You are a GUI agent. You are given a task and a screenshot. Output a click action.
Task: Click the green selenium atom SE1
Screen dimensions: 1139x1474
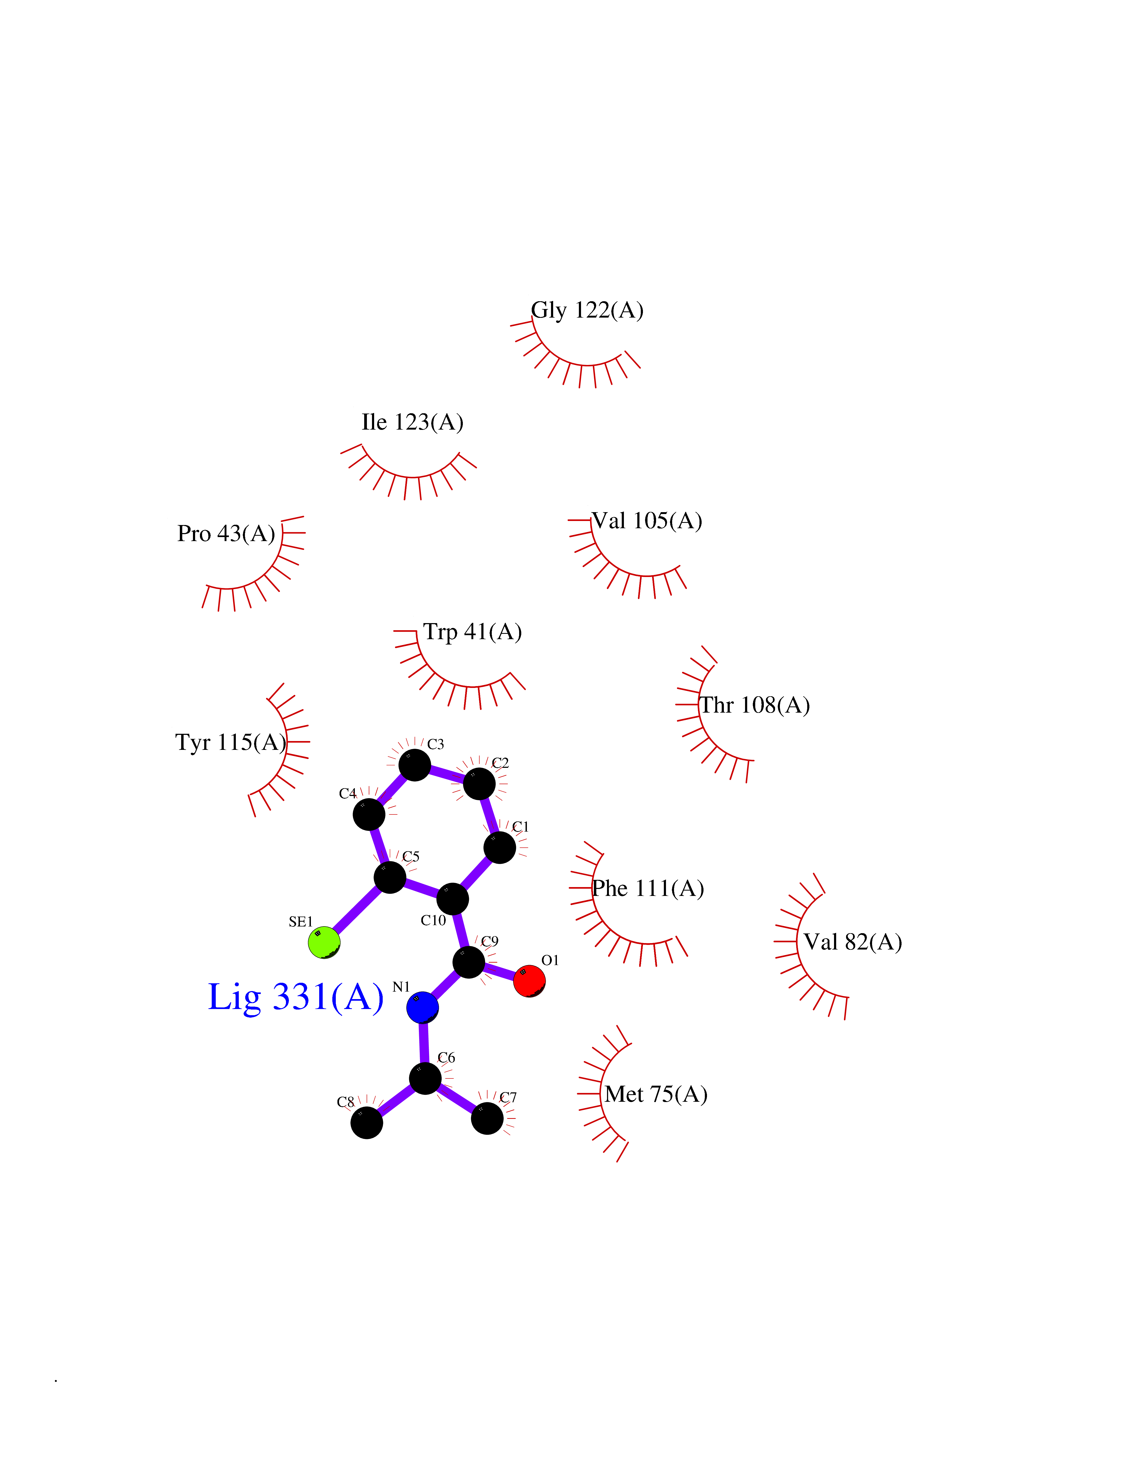[x=324, y=942]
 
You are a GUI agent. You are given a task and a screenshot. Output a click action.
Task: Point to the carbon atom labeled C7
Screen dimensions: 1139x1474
[x=487, y=1118]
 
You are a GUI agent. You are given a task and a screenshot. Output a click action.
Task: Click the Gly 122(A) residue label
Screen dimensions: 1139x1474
[x=587, y=310]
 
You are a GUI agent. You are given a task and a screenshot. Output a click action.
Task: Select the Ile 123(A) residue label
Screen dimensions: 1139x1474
[x=412, y=422]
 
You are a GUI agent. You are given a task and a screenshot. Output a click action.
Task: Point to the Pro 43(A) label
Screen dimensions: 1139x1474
[x=226, y=534]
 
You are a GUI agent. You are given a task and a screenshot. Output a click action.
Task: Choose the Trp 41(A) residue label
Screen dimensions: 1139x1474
[x=472, y=632]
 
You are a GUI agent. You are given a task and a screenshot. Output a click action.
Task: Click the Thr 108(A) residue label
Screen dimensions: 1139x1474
[x=754, y=705]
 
